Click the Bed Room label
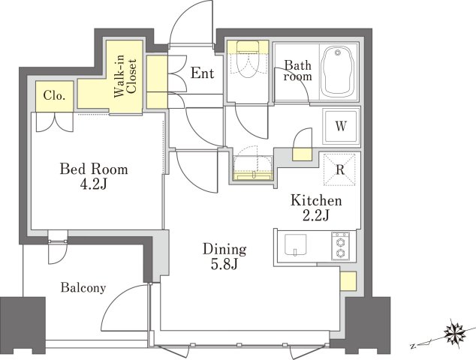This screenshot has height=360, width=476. [94, 169]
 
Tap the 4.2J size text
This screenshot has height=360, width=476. [93, 184]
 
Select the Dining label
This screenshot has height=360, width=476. [224, 249]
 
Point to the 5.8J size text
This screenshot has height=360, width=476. [224, 265]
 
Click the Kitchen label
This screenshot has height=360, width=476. [316, 201]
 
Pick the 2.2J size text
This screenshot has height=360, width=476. [316, 216]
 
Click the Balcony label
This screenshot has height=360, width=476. [83, 287]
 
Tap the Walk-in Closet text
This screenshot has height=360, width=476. [125, 76]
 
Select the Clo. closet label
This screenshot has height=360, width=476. [54, 96]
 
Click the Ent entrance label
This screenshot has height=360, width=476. [203, 73]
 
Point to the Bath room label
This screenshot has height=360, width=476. [298, 70]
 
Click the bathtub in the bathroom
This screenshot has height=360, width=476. [338, 73]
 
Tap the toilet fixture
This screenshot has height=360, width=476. [248, 59]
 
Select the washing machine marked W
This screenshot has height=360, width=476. [341, 126]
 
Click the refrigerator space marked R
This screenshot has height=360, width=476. [339, 169]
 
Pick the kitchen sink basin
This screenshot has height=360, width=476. [295, 244]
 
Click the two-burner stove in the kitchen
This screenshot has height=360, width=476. [340, 246]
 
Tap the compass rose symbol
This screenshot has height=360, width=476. [454, 332]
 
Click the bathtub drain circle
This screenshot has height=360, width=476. [338, 52]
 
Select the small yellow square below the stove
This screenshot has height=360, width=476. [348, 281]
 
